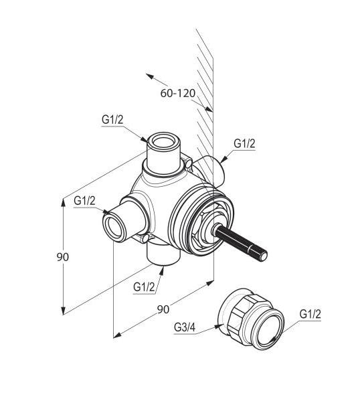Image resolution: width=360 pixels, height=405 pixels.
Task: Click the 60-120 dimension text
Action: tap(178, 93)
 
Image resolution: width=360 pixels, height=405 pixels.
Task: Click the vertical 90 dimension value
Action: tap(63, 257)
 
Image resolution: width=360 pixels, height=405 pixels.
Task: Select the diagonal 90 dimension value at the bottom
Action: tap(163, 309)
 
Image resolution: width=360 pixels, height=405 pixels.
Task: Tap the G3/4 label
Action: tap(185, 327)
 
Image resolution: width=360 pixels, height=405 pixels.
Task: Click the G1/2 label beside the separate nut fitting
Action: tap(310, 315)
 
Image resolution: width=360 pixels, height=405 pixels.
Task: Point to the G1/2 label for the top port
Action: tap(112, 120)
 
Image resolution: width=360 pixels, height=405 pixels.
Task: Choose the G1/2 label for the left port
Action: tap(84, 201)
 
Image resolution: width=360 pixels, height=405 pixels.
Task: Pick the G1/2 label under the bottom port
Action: tap(144, 287)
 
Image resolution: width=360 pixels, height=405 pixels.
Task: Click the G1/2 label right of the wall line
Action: tap(244, 143)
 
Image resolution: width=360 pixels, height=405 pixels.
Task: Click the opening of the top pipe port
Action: tap(163, 142)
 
